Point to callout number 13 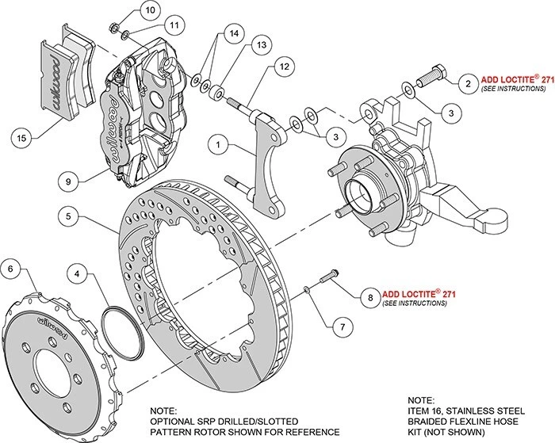(258, 46)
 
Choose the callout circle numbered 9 (71, 179)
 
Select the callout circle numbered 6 (12, 269)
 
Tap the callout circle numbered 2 (468, 83)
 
